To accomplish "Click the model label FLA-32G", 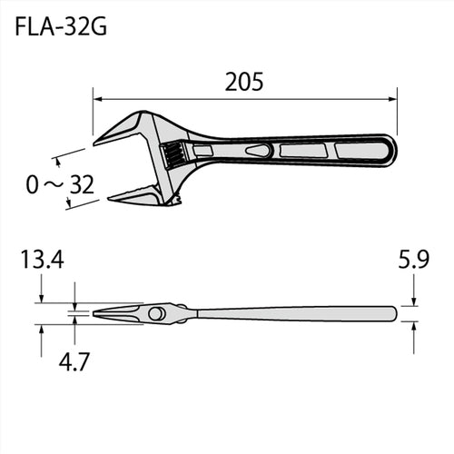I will [62, 26].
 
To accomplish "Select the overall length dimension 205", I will [244, 83].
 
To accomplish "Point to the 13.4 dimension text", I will [41, 263].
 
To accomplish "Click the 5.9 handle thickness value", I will [413, 262].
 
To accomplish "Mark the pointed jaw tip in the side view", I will [96, 313].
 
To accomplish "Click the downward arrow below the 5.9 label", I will [413, 300].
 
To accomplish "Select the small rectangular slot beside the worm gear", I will [203, 150].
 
